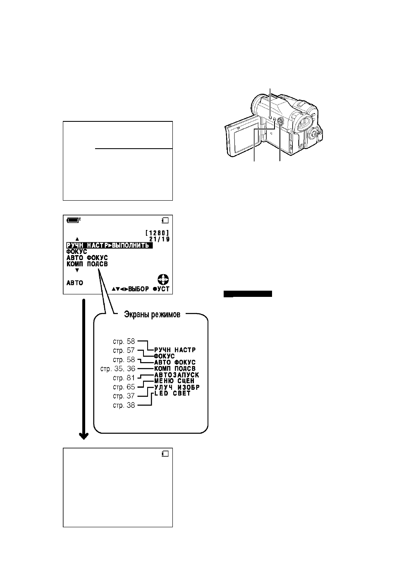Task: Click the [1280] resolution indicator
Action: tap(158, 233)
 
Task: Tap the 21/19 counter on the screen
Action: tap(160, 239)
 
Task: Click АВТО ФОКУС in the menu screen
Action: tap(87, 258)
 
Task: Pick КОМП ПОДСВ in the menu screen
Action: tap(87, 264)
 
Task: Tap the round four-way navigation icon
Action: tap(163, 280)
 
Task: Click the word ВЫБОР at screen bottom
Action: tap(138, 289)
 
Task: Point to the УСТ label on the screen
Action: tap(163, 289)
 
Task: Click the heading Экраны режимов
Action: tap(152, 314)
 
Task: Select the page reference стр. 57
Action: tap(124, 350)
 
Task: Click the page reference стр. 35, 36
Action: tap(118, 369)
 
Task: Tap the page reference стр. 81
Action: tap(124, 378)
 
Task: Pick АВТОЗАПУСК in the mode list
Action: tap(177, 375)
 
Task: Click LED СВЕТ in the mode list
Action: tap(172, 393)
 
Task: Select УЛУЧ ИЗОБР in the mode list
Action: tap(177, 387)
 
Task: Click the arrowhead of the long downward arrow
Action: tap(84, 436)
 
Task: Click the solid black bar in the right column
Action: tap(248, 294)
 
